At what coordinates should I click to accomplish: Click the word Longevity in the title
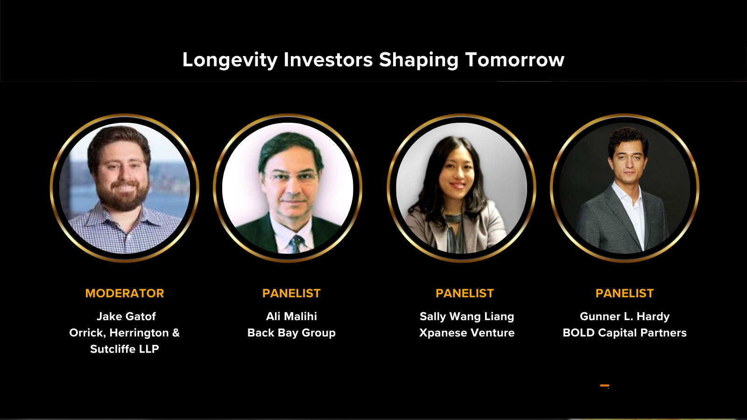(230, 60)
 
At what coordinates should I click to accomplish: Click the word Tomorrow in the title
(514, 60)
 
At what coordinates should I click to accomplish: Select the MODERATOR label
(125, 294)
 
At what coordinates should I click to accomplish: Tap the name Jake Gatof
(126, 316)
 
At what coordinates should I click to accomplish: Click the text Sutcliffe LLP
(125, 349)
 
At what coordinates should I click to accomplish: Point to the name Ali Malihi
(291, 316)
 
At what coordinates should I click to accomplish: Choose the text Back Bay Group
(291, 333)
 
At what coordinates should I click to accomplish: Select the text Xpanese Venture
(467, 333)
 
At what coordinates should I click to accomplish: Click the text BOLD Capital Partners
(625, 333)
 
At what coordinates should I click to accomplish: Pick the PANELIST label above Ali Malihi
(291, 294)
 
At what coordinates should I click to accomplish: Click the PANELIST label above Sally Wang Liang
(465, 294)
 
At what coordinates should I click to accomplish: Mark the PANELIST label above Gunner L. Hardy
(625, 294)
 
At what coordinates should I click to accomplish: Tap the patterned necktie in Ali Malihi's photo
(296, 243)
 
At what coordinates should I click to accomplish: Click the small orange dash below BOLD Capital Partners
(605, 385)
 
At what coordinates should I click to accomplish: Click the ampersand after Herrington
(176, 333)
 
